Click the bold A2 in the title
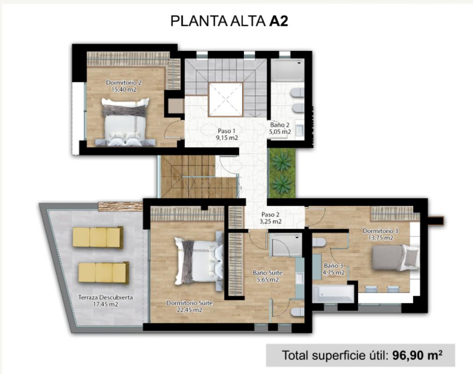click(x=279, y=21)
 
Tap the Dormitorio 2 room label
click(x=124, y=82)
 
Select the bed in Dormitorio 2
click(x=125, y=122)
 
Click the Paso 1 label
click(x=226, y=131)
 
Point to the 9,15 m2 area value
click(x=227, y=138)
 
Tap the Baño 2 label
click(x=279, y=124)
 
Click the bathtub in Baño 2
click(x=287, y=70)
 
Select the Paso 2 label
click(x=270, y=215)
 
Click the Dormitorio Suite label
click(x=189, y=303)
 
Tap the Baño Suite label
click(x=267, y=273)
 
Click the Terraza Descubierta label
click(x=106, y=297)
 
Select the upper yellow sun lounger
click(x=98, y=237)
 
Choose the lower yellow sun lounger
click(x=104, y=273)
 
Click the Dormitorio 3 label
click(x=380, y=231)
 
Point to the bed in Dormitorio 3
click(x=395, y=257)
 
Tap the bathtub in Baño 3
click(x=333, y=294)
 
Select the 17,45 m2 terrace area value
click(x=106, y=304)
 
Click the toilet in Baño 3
click(x=319, y=242)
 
